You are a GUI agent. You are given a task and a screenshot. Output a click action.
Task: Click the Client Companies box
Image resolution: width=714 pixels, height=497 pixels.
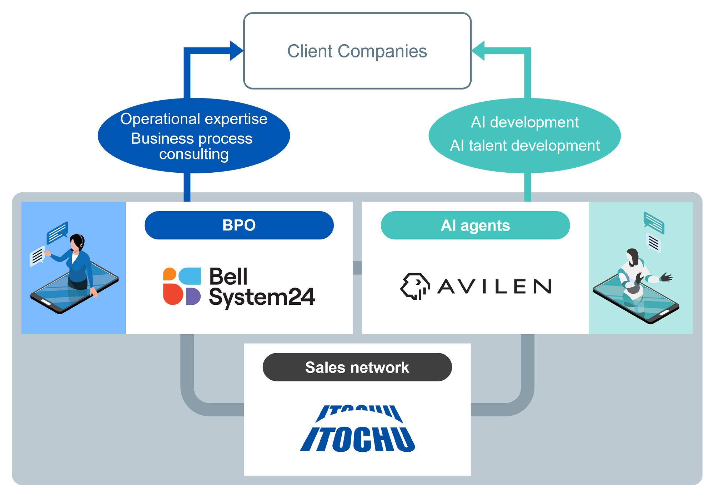pyautogui.click(x=357, y=51)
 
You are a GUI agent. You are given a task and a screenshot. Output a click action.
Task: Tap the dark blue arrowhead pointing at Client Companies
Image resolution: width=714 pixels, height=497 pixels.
pyautogui.click(x=237, y=51)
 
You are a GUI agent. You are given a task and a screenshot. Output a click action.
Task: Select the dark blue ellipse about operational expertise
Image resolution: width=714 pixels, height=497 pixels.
pyautogui.click(x=194, y=136)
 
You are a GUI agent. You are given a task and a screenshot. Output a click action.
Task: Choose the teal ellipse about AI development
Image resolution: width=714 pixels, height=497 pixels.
pyautogui.click(x=524, y=136)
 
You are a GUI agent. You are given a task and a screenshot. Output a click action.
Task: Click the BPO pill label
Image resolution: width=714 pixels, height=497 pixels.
pyautogui.click(x=239, y=225)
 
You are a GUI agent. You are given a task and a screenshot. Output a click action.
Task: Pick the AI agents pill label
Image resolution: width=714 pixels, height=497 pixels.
pyautogui.click(x=475, y=225)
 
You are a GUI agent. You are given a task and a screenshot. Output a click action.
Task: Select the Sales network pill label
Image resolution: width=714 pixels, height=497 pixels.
pyautogui.click(x=357, y=367)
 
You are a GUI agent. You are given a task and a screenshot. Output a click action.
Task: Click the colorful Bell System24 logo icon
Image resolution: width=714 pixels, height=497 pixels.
pyautogui.click(x=182, y=286)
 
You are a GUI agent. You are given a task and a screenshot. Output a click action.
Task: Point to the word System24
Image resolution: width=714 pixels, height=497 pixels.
pyautogui.click(x=262, y=297)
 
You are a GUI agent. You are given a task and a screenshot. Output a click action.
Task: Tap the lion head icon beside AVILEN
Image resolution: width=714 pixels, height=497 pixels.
pyautogui.click(x=415, y=286)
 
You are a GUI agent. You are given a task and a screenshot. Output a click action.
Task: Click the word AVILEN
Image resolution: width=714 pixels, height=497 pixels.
pyautogui.click(x=495, y=286)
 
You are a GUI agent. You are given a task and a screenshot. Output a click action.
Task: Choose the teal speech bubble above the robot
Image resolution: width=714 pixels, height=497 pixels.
pyautogui.click(x=654, y=222)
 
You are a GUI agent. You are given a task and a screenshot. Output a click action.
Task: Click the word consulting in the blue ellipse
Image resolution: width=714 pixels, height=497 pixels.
pyautogui.click(x=194, y=154)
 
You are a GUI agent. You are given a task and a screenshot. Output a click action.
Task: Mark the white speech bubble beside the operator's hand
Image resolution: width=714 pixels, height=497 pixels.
pyautogui.click(x=37, y=256)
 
